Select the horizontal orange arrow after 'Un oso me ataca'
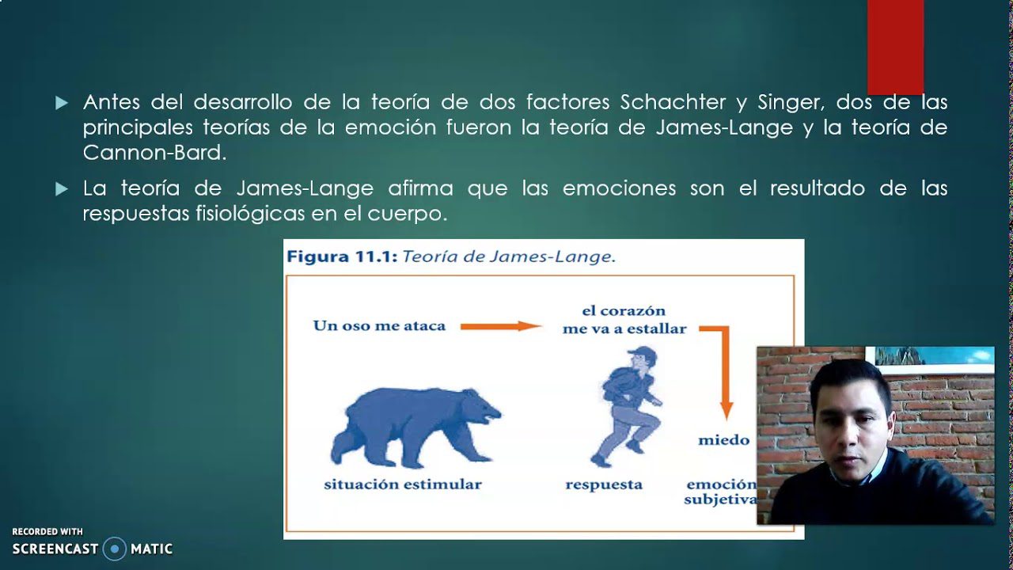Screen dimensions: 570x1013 tap(500, 325)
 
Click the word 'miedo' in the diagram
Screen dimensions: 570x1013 tap(723, 440)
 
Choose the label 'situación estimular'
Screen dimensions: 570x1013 tap(402, 484)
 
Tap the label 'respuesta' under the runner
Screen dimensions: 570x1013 tap(604, 484)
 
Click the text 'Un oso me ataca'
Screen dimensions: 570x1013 tap(379, 325)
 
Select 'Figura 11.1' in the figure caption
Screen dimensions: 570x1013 tap(341, 256)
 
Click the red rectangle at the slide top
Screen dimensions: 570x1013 tap(895, 46)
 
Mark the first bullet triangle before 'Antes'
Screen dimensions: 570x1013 tap(62, 103)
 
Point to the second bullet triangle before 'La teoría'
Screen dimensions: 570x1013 tap(62, 189)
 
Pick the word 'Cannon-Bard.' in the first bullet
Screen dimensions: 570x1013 tap(154, 154)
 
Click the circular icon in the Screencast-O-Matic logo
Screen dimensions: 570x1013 tap(115, 549)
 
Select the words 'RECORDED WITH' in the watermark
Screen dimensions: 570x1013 tap(47, 532)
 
